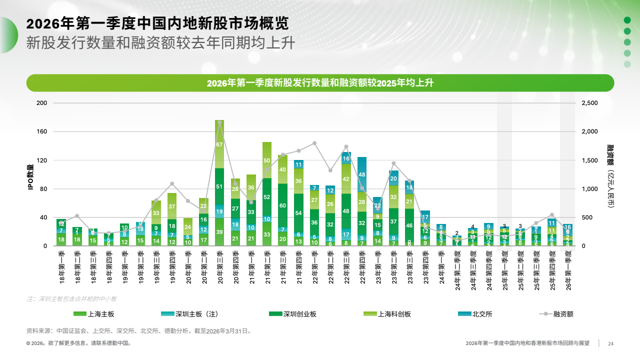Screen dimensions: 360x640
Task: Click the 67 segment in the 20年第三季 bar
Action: [x=219, y=144]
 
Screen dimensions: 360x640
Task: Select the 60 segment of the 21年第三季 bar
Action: [x=283, y=205]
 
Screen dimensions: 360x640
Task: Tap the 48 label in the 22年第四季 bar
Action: [x=362, y=174]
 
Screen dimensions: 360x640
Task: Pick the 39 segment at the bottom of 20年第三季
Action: [x=219, y=232]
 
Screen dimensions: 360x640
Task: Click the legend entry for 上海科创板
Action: [x=387, y=314]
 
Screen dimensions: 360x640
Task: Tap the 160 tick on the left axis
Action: [x=42, y=132]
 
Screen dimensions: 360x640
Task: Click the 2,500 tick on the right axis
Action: [x=589, y=103]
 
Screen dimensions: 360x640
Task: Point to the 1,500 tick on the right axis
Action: [x=589, y=160]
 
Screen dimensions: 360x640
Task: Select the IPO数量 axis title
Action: [x=30, y=177]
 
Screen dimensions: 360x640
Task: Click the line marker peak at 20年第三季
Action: [x=219, y=122]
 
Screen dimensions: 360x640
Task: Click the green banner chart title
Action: [x=320, y=83]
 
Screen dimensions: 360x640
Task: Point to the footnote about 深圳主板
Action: [x=71, y=298]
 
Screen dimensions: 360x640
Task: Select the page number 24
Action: [x=610, y=343]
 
